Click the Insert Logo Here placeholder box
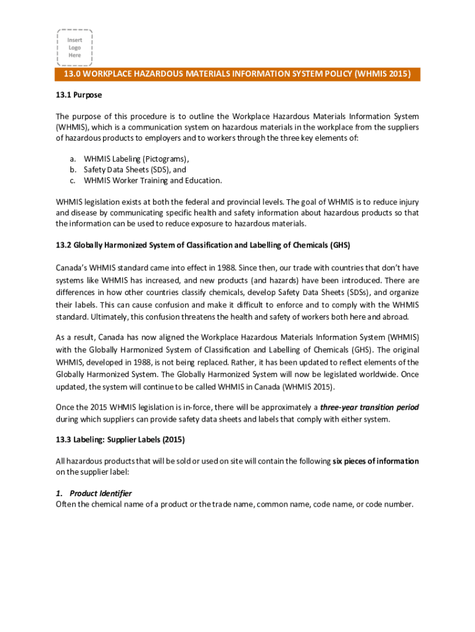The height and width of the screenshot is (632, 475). [75, 48]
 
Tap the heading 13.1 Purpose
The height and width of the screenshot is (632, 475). [79, 95]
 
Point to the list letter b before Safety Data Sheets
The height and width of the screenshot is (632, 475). [72, 169]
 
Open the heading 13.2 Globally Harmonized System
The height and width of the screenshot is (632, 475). [203, 245]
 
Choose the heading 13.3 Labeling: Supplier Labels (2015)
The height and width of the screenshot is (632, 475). [120, 439]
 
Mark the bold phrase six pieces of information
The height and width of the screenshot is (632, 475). [376, 461]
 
